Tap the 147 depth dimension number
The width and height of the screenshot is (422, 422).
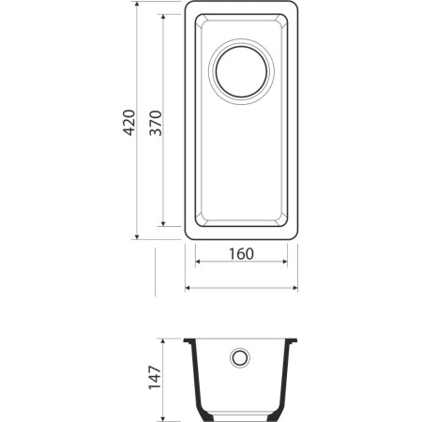click(x=154, y=378)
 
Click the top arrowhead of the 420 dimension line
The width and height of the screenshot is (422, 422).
click(x=139, y=8)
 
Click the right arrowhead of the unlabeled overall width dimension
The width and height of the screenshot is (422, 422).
click(x=295, y=287)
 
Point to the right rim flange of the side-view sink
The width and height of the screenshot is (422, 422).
click(x=294, y=339)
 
